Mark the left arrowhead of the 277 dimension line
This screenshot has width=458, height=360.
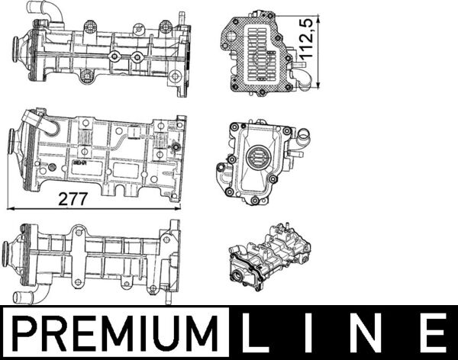(x=9, y=206)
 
